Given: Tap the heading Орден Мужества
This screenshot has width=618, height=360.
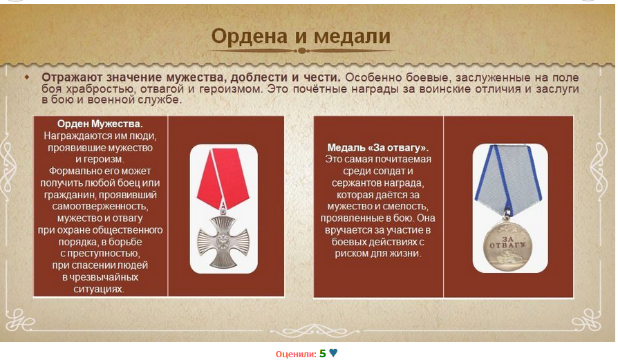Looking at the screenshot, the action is click(100, 124).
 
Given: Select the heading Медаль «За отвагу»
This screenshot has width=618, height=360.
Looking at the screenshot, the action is click(378, 148).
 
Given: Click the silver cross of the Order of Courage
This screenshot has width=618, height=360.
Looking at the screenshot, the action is click(223, 241).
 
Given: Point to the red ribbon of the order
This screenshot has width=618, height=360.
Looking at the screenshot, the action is click(223, 178).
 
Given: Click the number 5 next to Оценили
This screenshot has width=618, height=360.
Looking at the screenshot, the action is click(322, 353).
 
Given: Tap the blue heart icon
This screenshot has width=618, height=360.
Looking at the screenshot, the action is click(333, 353).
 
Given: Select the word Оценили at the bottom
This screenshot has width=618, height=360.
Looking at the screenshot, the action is click(295, 354).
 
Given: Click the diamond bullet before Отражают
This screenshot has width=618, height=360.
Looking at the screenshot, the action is click(27, 77).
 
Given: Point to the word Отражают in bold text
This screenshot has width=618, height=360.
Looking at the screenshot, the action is click(72, 77).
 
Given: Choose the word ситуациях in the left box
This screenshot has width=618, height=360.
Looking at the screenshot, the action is click(99, 290).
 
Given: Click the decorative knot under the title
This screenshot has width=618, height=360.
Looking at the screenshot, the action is click(302, 51).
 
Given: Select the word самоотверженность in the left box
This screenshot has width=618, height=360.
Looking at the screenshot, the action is click(100, 207).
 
